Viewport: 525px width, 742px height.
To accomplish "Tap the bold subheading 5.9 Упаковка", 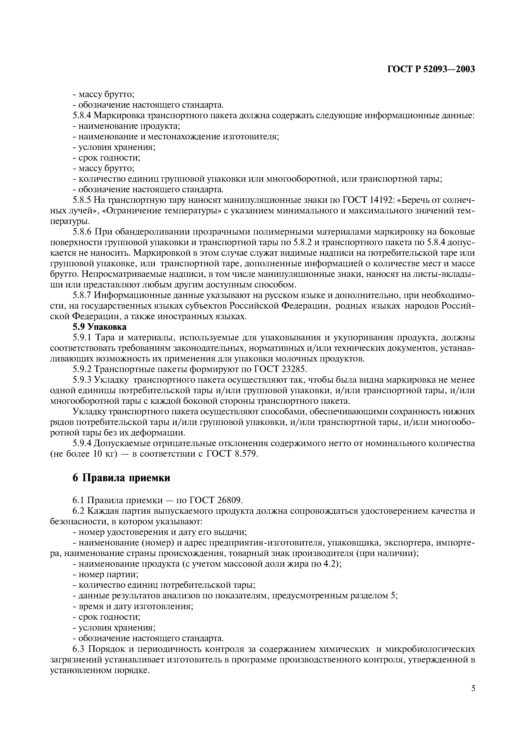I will [99, 327].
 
